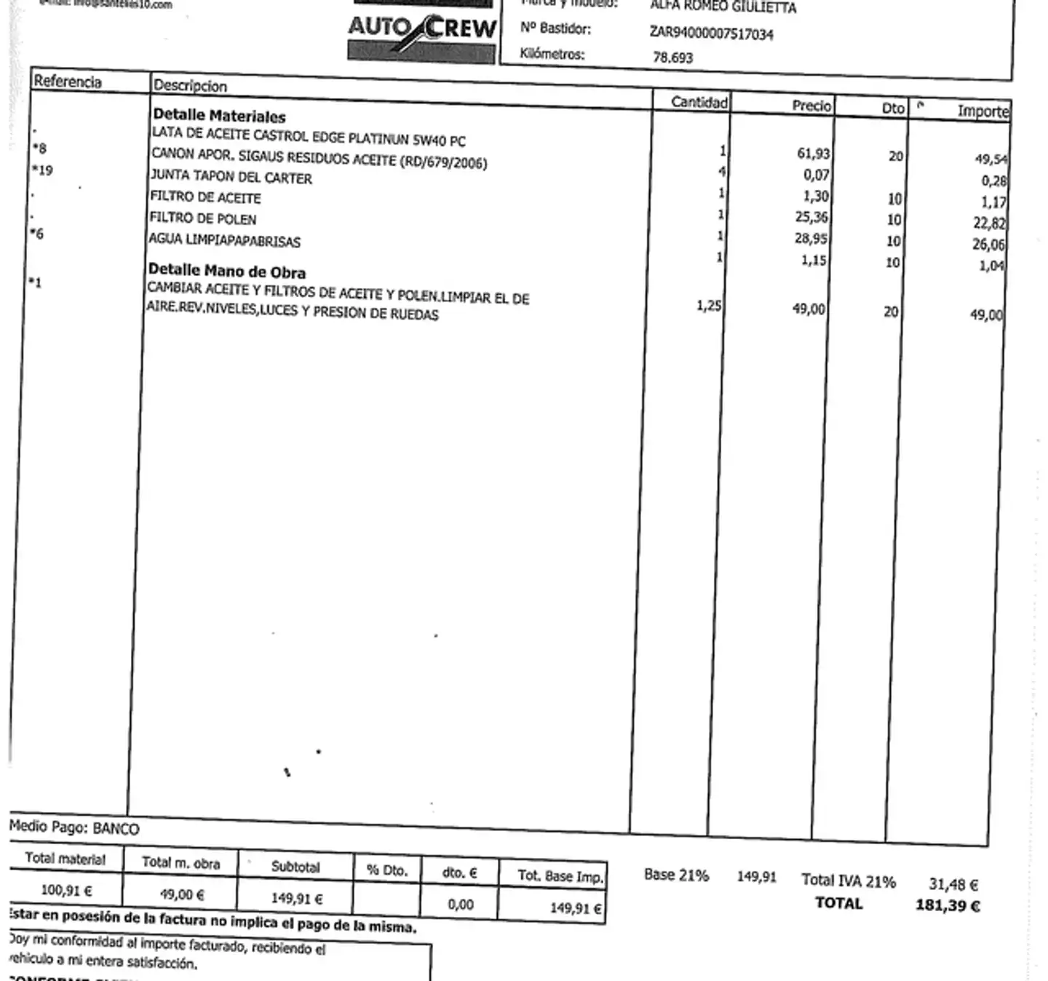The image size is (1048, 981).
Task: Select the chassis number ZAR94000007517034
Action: coord(711,33)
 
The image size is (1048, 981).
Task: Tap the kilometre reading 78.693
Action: coord(672,57)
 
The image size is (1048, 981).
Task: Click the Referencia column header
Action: coord(68,81)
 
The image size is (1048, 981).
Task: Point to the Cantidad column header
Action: coord(699,102)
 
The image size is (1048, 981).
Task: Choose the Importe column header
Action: coord(982,111)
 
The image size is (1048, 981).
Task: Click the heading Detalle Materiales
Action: coord(219,116)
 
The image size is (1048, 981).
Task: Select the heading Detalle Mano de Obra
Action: coord(227,271)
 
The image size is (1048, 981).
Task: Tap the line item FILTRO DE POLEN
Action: coord(203,218)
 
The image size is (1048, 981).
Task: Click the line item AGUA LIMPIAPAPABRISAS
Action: coord(225,239)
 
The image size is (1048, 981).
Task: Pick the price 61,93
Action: coord(813,154)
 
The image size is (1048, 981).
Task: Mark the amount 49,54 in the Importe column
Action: coord(991,159)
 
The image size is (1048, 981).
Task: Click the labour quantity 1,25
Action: coord(708,306)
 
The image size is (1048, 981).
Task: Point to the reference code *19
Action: coord(42,170)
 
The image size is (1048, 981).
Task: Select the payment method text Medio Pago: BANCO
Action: coord(74,827)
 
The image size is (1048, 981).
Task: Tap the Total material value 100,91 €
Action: coord(66,890)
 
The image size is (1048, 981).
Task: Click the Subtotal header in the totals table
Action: coord(295,867)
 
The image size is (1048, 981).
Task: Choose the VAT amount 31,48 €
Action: coord(953,884)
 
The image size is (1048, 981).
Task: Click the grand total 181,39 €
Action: coord(947,906)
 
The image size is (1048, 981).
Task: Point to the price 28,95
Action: coord(811,238)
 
